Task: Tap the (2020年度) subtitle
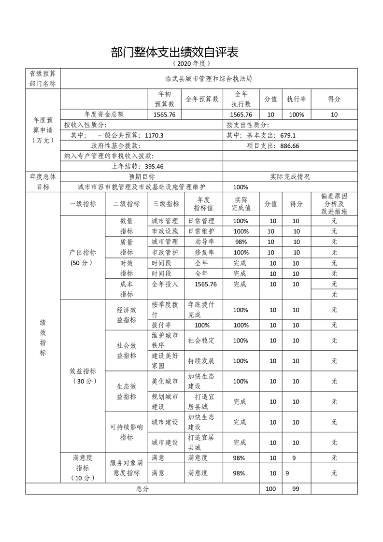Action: [192, 63]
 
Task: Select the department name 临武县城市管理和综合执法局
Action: [208, 78]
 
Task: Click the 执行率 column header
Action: [296, 99]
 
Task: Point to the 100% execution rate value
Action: [296, 114]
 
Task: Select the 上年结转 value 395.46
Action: [151, 166]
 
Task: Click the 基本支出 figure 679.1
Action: [285, 136]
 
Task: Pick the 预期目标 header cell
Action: [142, 176]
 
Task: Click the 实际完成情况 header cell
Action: [290, 176]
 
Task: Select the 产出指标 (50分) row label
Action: [83, 257]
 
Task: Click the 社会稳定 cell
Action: [201, 340]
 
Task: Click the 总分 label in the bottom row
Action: [142, 489]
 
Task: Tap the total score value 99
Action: [296, 489]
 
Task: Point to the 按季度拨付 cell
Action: [165, 309]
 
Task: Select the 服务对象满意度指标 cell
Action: [127, 468]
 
